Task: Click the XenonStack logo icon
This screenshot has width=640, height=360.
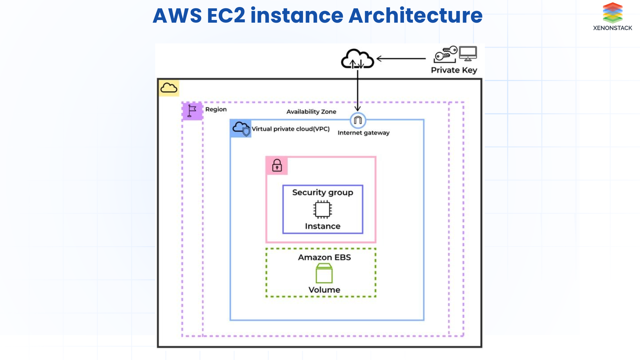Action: pyautogui.click(x=612, y=12)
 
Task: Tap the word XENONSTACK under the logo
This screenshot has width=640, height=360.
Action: pyautogui.click(x=612, y=28)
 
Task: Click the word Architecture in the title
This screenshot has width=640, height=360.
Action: pyautogui.click(x=415, y=16)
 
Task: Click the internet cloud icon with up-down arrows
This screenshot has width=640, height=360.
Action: pyautogui.click(x=357, y=59)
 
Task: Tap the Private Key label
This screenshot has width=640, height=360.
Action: pyautogui.click(x=454, y=70)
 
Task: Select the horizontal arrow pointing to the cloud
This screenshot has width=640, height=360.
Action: pyautogui.click(x=401, y=59)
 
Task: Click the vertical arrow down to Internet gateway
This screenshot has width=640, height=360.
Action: pyautogui.click(x=357, y=90)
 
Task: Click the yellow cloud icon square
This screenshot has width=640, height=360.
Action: pyautogui.click(x=169, y=88)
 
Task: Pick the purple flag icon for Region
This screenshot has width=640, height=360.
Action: pyautogui.click(x=192, y=111)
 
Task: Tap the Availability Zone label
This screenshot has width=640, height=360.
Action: pyautogui.click(x=311, y=112)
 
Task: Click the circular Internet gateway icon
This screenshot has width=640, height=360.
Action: pyautogui.click(x=358, y=120)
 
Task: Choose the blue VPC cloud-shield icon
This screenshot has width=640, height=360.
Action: pyautogui.click(x=241, y=128)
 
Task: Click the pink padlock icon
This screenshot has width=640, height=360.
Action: pyautogui.click(x=277, y=165)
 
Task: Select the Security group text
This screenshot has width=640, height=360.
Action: pyautogui.click(x=322, y=192)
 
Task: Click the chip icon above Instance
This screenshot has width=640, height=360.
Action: pyautogui.click(x=322, y=209)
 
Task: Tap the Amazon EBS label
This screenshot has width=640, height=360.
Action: pyautogui.click(x=324, y=257)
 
